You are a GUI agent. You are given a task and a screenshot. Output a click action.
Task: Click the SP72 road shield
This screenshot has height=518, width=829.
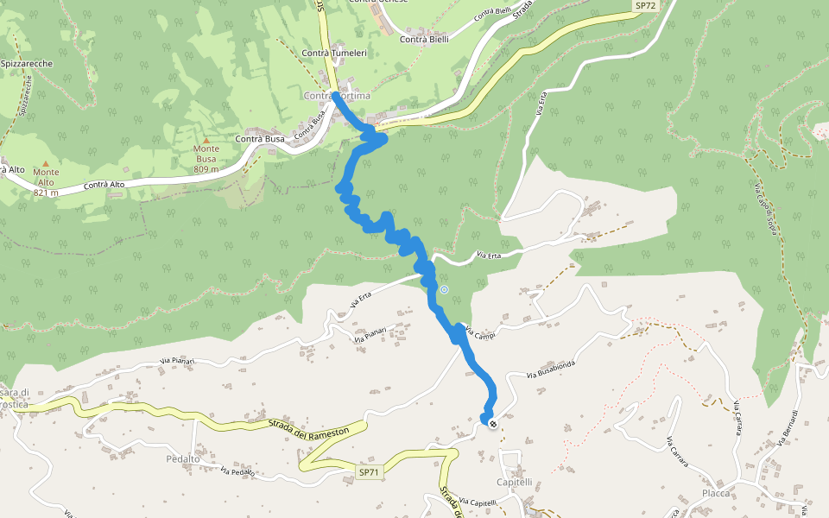click(x=645, y=6)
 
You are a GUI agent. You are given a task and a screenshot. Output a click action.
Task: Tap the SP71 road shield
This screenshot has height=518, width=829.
click(x=369, y=472)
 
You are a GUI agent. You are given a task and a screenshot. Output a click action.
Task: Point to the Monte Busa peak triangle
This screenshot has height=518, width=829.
click(x=206, y=139)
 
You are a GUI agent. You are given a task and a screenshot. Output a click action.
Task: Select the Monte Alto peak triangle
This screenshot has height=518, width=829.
click(x=46, y=162)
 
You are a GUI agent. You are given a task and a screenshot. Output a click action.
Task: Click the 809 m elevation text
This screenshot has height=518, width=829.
click(x=206, y=169)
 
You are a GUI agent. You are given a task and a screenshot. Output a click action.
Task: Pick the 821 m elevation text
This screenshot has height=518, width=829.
click(x=46, y=193)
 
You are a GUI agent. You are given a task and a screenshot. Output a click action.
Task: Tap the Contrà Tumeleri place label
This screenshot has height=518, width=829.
click(x=334, y=54)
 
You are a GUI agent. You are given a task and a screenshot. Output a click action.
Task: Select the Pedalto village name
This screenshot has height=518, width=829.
click(x=183, y=459)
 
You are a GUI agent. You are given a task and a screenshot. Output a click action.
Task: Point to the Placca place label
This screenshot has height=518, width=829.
click(x=716, y=493)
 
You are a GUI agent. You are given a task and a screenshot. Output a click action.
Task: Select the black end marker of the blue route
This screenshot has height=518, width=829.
click(x=492, y=424)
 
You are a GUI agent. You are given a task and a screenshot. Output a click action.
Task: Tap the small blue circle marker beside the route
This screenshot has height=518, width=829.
click(x=444, y=290)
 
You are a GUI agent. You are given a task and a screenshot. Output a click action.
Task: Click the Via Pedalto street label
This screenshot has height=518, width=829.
click(x=237, y=472)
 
